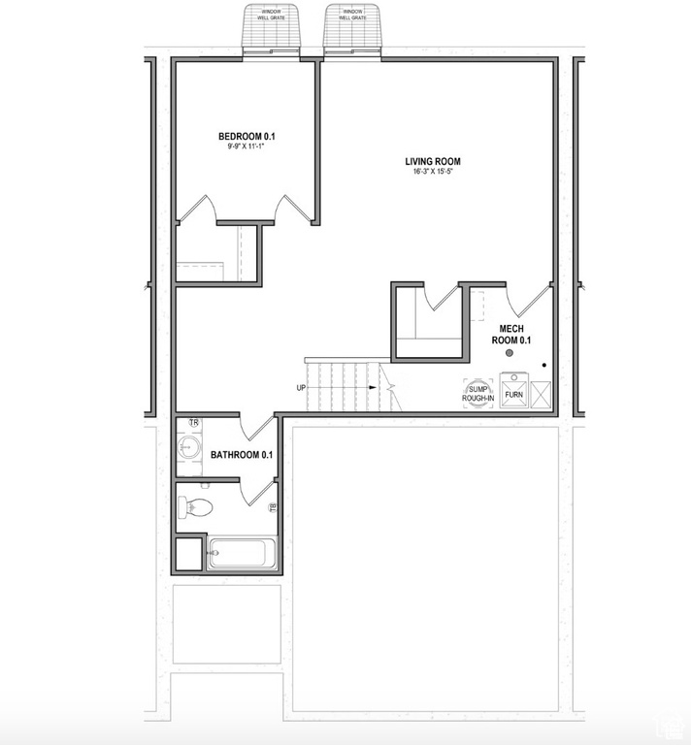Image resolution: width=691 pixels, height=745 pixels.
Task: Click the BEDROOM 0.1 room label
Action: [x=246, y=136]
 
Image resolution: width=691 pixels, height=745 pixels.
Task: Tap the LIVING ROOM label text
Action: [x=433, y=162]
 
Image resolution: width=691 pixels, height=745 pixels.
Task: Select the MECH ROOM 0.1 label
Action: [x=511, y=335]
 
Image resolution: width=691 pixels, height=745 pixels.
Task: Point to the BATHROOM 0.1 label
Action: [x=242, y=454]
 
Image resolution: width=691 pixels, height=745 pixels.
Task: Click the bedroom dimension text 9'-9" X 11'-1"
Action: [x=246, y=147]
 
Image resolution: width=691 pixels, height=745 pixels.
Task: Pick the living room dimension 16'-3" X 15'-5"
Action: [x=433, y=173]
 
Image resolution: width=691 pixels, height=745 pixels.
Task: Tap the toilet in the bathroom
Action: [x=196, y=505]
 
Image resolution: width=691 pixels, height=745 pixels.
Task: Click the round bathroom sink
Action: [x=189, y=447]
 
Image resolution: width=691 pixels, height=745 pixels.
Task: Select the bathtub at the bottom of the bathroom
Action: [x=243, y=553]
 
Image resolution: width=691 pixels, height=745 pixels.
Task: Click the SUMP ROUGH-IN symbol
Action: [x=478, y=393]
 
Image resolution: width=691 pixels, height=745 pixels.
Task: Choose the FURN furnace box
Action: [x=514, y=393]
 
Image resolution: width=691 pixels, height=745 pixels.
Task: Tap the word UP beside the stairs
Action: [x=303, y=388]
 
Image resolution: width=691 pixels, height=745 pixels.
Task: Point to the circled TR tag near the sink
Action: [x=194, y=423]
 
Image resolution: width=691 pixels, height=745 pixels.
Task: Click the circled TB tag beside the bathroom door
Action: [x=273, y=507]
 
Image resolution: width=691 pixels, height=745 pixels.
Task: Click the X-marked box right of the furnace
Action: [x=541, y=392]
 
